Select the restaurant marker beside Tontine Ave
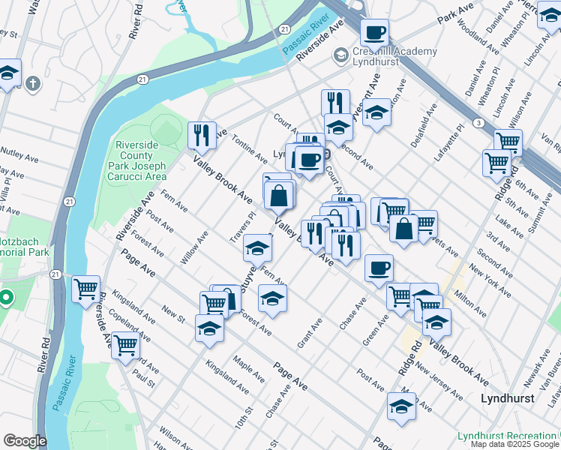pyautogui.click(x=201, y=135)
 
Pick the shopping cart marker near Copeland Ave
pyautogui.click(x=125, y=346)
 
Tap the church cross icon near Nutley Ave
pyautogui.click(x=32, y=83)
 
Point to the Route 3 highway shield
pyautogui.click(x=478, y=122)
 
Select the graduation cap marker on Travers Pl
pyautogui.click(x=257, y=248)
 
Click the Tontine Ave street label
pyautogui.click(x=249, y=149)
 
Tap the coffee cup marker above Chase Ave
pyautogui.click(x=379, y=268)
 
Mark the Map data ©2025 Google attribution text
pyautogui.click(x=515, y=444)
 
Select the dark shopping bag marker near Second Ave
pyautogui.click(x=403, y=229)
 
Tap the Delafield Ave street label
pyautogui.click(x=421, y=133)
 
